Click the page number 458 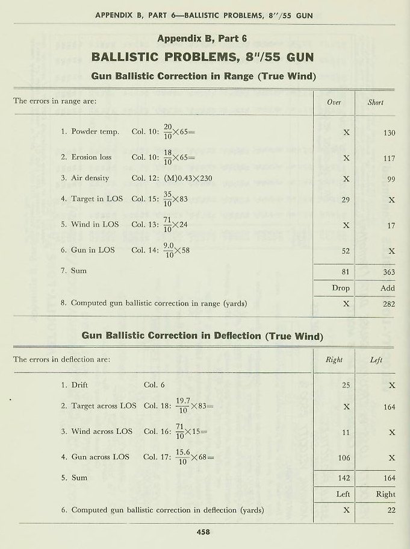pos(203,531)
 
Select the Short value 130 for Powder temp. pos(388,133)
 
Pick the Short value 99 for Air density pos(391,179)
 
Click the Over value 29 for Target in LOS pos(346,199)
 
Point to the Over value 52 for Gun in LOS pos(346,250)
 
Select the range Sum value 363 pos(388,272)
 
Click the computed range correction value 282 pos(388,304)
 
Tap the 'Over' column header pos(334,102)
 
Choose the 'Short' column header pos(375,102)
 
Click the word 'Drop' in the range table pos(341,289)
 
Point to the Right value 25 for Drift pos(346,385)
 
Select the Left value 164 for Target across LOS pos(389,407)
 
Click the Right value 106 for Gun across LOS pos(344,457)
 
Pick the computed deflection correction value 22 pos(391,510)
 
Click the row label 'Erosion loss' pos(92,157)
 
